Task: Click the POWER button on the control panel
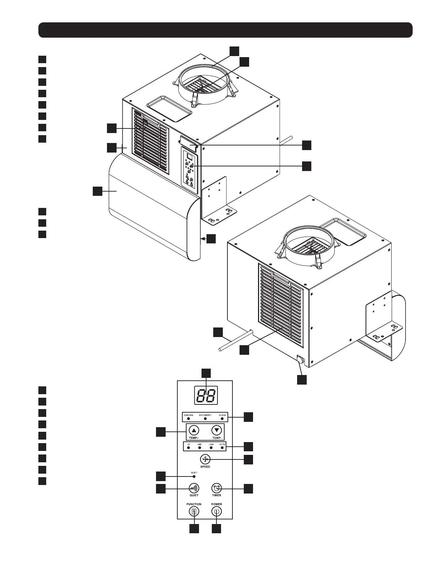pos(216,511)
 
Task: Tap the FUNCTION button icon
pos(194,511)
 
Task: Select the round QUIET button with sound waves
pos(194,487)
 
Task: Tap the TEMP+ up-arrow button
pos(194,430)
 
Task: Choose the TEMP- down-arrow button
pos(216,430)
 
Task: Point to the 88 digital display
pos(205,395)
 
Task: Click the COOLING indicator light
pos(188,419)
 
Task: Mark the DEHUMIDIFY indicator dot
pos(205,419)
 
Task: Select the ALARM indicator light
pos(222,419)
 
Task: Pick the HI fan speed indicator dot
pos(189,448)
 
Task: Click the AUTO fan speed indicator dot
pos(222,448)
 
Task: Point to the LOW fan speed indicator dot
pos(211,448)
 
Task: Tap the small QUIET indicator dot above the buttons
pos(194,476)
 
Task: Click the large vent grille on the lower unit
pos(281,305)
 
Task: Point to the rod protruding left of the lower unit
pos(235,341)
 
